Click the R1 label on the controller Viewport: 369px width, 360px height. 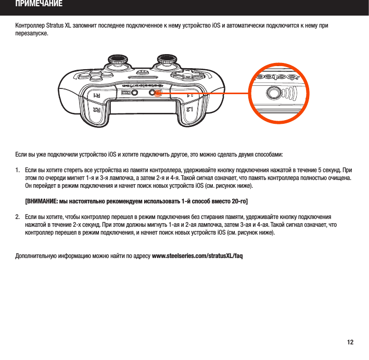97,96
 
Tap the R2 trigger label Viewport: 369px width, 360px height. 96,110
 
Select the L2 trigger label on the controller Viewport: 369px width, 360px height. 191,110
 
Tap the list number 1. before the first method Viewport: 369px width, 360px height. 18,171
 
